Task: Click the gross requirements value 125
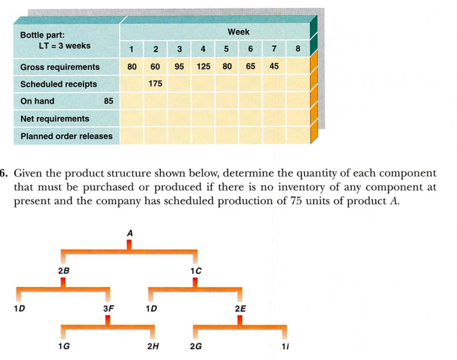coord(203,67)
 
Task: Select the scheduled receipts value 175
coord(155,84)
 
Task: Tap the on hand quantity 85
coord(109,101)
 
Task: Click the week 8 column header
coord(298,50)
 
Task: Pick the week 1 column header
coord(132,50)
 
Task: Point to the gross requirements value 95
coord(179,67)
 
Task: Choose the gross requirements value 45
coord(274,67)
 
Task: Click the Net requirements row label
coord(55,118)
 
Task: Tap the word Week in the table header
coord(239,32)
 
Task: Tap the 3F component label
coord(109,308)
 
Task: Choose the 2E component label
coord(240,308)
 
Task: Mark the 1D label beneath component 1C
coord(151,308)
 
